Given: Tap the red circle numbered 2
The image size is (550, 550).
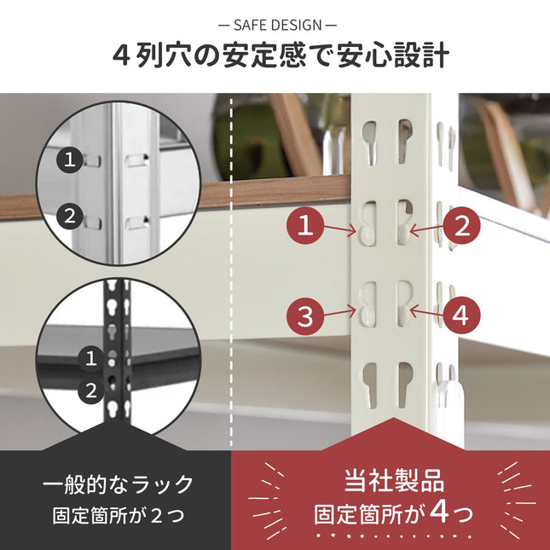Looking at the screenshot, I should tap(461, 227).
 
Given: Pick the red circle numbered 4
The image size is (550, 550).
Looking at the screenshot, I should tap(460, 316).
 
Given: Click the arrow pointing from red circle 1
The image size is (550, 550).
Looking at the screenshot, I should tap(341, 229).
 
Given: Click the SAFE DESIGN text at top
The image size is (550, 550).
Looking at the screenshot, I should tap(275, 26).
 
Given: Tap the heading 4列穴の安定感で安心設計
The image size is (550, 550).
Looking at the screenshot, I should tap(275, 56).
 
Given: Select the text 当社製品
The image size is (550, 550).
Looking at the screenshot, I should tap(394, 478).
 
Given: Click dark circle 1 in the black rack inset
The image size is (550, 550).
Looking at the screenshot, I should tap(90, 358).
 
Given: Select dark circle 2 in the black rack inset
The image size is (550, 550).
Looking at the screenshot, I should tap(90, 391).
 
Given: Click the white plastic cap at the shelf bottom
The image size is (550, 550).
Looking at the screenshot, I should tap(450, 401).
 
